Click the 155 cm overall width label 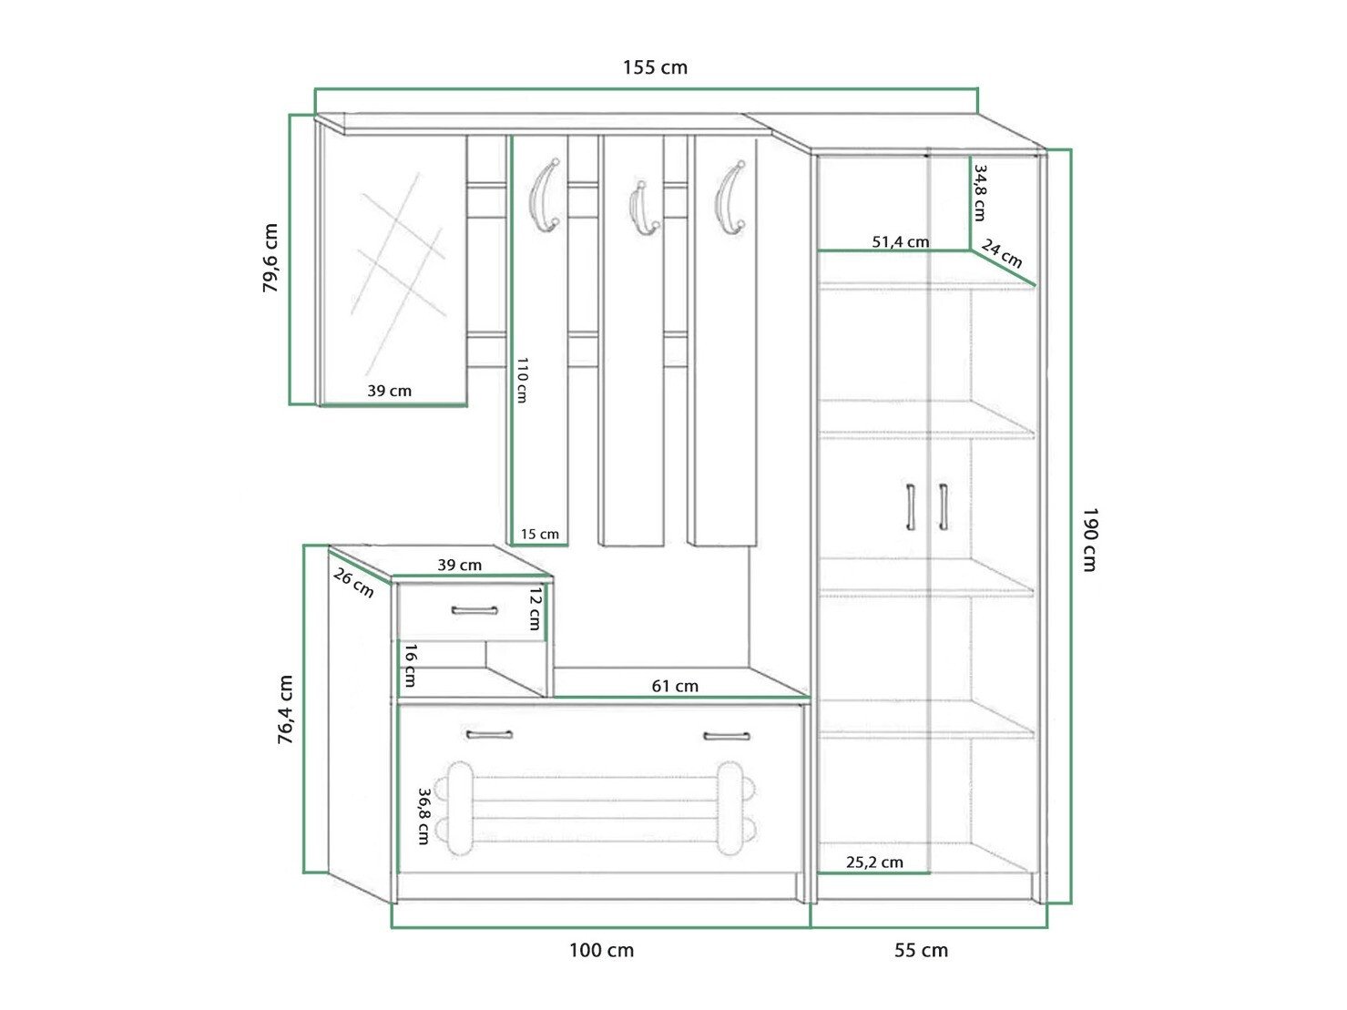pyautogui.click(x=655, y=66)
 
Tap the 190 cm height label pyautogui.click(x=1089, y=539)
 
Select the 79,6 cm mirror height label pyautogui.click(x=270, y=258)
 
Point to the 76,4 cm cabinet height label pyautogui.click(x=285, y=710)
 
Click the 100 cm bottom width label pyautogui.click(x=601, y=951)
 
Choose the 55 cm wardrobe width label pyautogui.click(x=921, y=951)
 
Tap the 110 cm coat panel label pyautogui.click(x=522, y=380)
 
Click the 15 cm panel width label pyautogui.click(x=540, y=534)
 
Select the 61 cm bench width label pyautogui.click(x=675, y=686)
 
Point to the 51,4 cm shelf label pyautogui.click(x=901, y=241)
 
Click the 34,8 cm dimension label pyautogui.click(x=980, y=192)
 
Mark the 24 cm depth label pyautogui.click(x=1002, y=254)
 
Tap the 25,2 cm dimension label pyautogui.click(x=874, y=862)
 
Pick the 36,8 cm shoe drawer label pyautogui.click(x=423, y=817)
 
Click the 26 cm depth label pyautogui.click(x=353, y=582)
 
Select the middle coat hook pyautogui.click(x=640, y=208)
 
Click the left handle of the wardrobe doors pyautogui.click(x=910, y=507)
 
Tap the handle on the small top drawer pyautogui.click(x=475, y=610)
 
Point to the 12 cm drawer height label pyautogui.click(x=536, y=608)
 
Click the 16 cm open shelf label pyautogui.click(x=411, y=665)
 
